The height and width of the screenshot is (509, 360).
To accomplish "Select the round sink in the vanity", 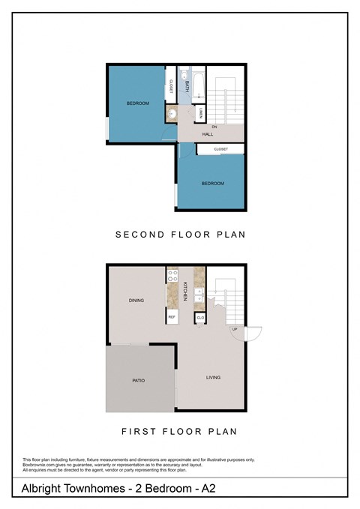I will [x=171, y=115].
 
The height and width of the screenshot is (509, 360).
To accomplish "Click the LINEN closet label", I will [x=201, y=114].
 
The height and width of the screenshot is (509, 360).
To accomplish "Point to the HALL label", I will [x=208, y=134].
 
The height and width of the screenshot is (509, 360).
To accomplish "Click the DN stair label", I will [x=214, y=127].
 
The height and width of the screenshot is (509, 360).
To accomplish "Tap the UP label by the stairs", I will [x=235, y=330].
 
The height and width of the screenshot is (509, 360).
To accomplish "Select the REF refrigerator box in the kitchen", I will [x=172, y=317].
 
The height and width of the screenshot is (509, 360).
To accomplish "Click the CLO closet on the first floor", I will [x=199, y=318].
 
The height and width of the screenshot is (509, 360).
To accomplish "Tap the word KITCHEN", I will [x=185, y=291].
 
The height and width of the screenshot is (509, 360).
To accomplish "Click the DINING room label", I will [x=136, y=301].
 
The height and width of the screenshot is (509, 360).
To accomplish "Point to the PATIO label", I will [x=138, y=381].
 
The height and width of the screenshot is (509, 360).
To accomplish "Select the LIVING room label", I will [x=214, y=377].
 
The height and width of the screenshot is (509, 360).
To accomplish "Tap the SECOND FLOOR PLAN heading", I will [x=180, y=235].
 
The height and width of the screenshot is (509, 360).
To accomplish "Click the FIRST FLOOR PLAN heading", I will [x=179, y=431].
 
